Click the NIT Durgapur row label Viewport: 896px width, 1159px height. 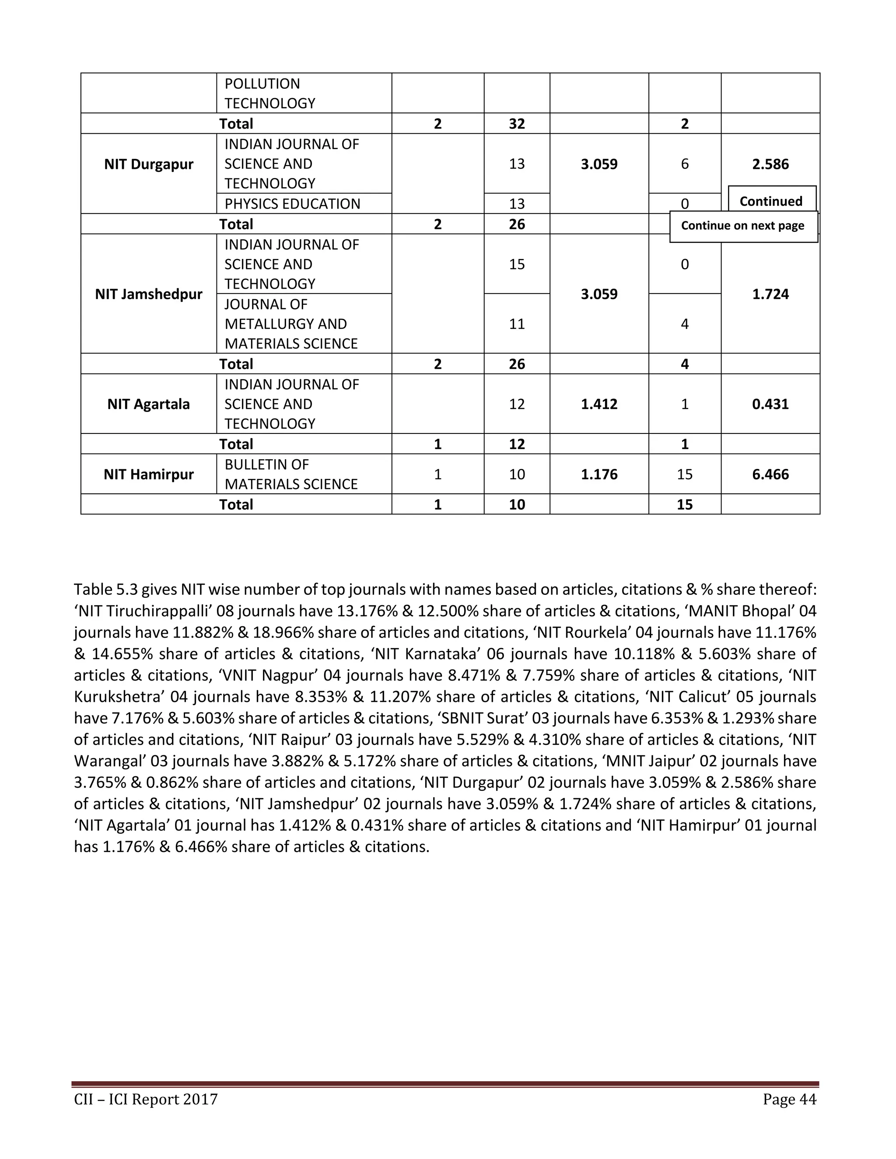(149, 164)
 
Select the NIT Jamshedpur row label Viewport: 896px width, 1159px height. (149, 294)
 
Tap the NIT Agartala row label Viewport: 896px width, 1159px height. (149, 404)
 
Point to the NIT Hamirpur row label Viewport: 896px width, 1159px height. (149, 474)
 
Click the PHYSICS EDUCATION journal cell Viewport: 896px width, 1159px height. (292, 204)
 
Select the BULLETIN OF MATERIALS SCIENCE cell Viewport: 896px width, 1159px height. (291, 474)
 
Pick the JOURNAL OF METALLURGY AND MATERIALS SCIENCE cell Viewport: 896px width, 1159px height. (291, 324)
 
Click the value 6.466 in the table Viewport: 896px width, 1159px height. (770, 474)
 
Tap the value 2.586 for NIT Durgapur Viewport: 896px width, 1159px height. (770, 164)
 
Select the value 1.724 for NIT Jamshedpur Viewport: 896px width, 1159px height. (770, 294)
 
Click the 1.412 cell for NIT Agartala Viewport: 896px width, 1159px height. (599, 404)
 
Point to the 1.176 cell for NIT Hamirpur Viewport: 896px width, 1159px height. (599, 474)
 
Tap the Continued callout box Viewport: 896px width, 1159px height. (771, 201)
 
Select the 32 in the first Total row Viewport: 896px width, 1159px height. (517, 124)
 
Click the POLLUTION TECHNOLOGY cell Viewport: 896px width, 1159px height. (269, 94)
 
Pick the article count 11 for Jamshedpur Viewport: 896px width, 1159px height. (517, 324)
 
